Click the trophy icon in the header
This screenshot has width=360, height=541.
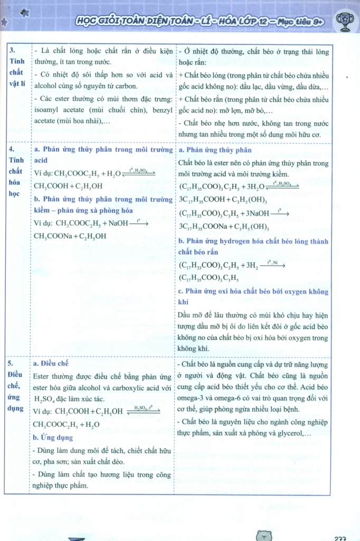[345, 20]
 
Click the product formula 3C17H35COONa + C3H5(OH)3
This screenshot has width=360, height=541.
[224, 227]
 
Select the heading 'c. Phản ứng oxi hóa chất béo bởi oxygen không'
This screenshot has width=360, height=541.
[253, 291]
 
